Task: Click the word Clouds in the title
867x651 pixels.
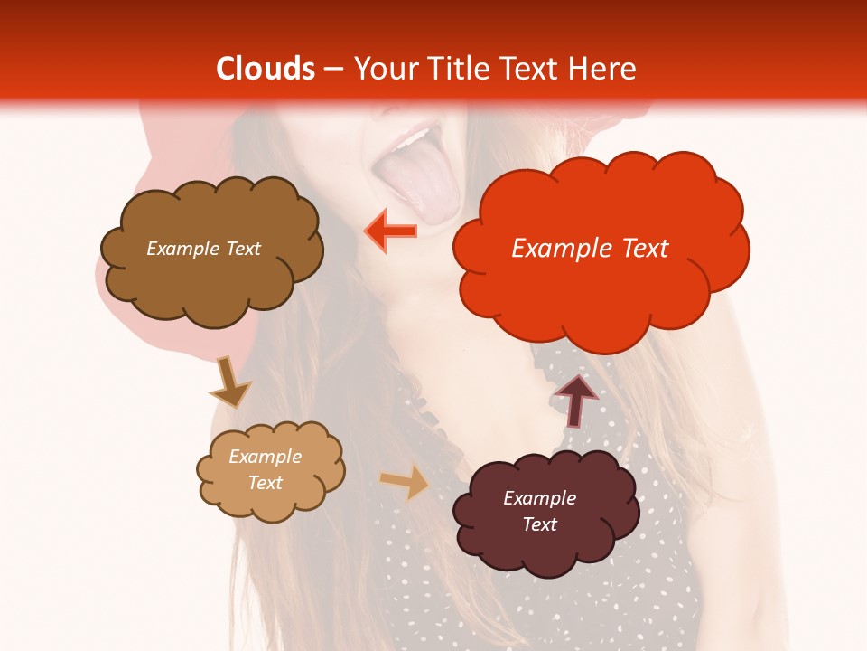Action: [x=266, y=69]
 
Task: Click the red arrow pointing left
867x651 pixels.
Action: [x=391, y=231]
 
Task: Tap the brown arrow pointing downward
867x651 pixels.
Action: [x=228, y=382]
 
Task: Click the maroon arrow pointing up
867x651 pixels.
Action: [x=576, y=400]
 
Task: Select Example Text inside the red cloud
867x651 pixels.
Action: [x=591, y=249]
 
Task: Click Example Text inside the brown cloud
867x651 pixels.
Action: [x=203, y=249]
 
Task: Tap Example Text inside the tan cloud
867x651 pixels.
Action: [x=266, y=469]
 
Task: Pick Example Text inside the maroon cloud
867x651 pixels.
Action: [x=539, y=511]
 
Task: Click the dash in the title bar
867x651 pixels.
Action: [x=332, y=70]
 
